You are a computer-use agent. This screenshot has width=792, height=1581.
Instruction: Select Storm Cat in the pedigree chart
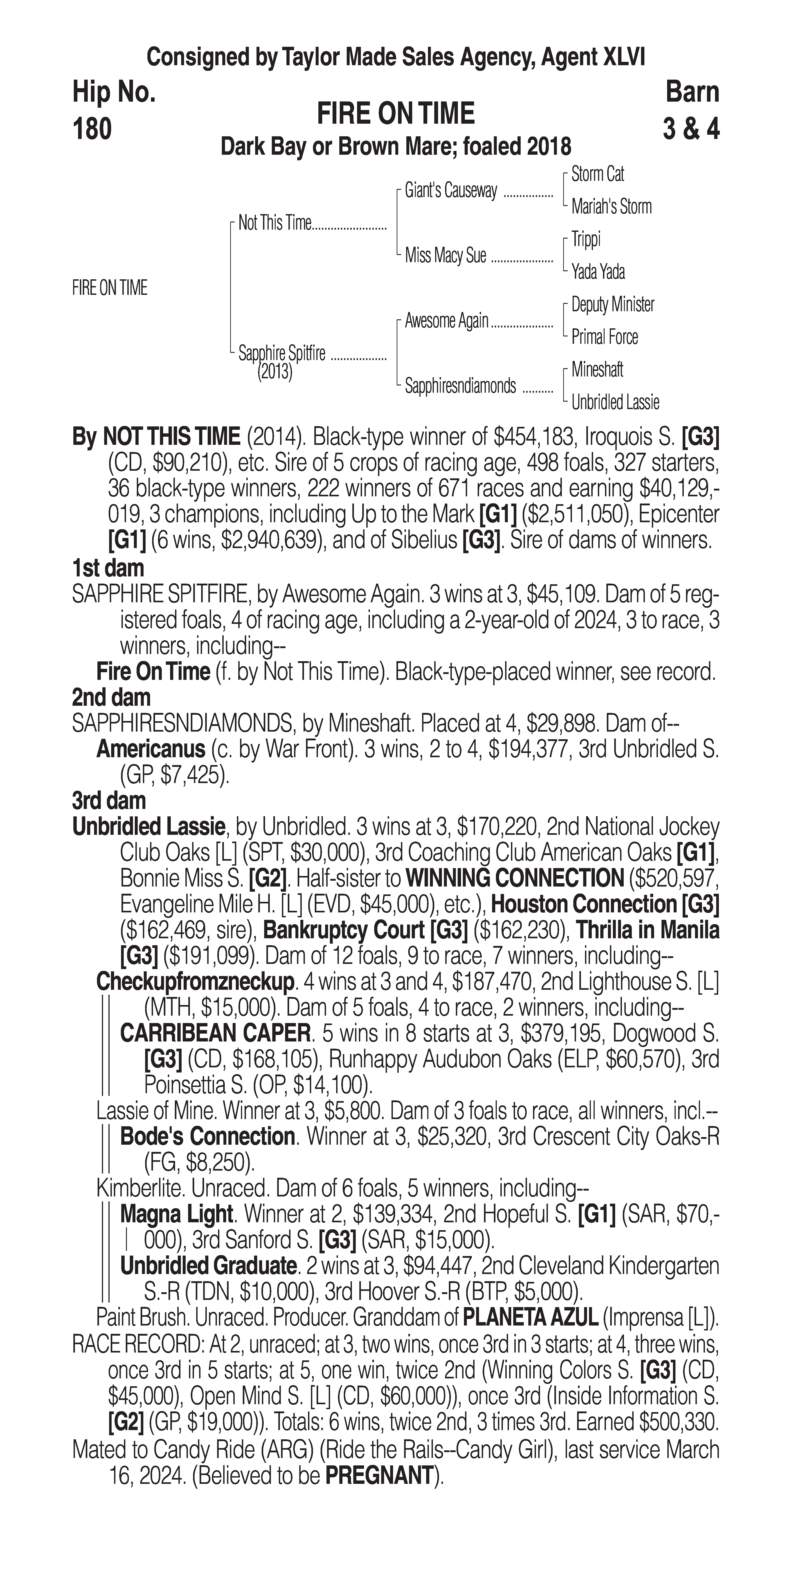[x=597, y=174]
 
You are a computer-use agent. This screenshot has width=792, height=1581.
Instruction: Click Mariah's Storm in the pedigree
[x=611, y=207]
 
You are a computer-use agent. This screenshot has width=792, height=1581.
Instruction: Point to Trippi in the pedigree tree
[x=586, y=239]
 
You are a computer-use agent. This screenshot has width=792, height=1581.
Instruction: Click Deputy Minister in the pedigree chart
[x=612, y=305]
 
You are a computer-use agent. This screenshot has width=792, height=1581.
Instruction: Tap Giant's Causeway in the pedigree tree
[x=451, y=191]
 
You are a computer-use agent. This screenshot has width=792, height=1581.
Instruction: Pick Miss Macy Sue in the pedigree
[x=445, y=255]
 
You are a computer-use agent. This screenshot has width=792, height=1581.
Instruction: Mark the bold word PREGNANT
[x=379, y=1475]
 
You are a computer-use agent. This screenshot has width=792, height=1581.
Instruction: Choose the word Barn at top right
[x=692, y=93]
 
